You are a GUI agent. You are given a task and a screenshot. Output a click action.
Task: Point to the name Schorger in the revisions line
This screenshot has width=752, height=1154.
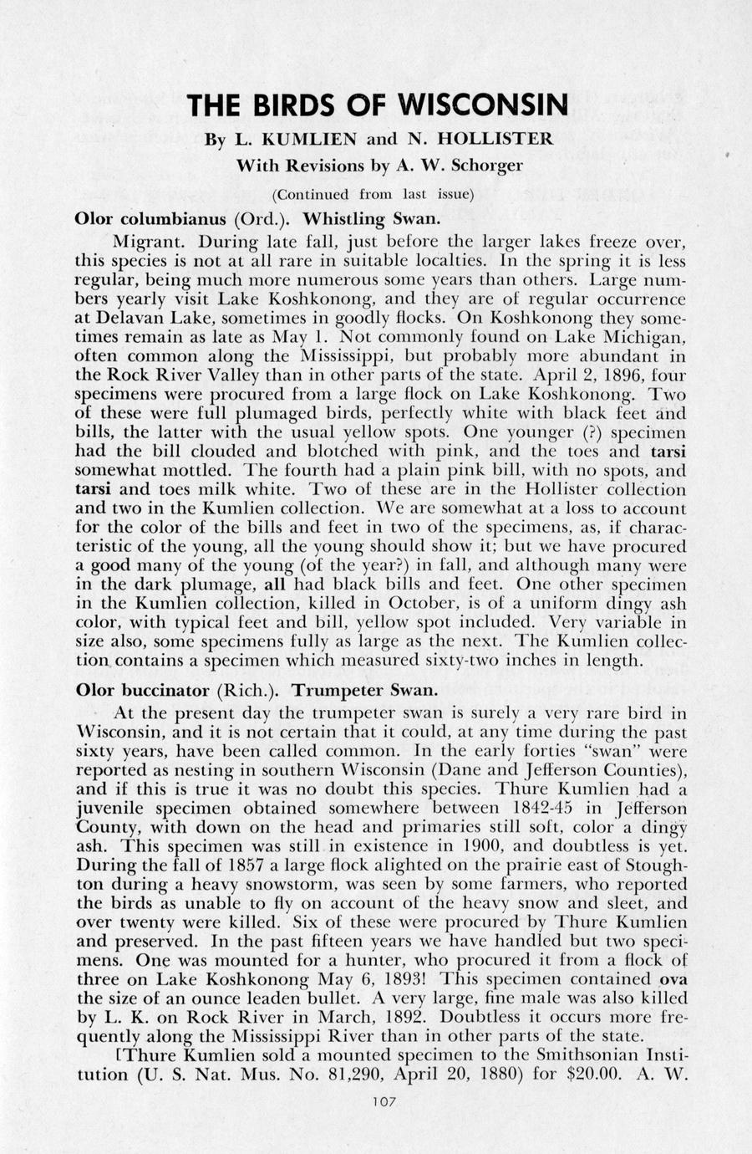[487, 166]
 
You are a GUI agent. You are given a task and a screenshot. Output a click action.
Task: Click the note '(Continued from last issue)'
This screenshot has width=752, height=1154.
[373, 194]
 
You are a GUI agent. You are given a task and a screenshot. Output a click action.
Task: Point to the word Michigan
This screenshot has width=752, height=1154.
[643, 338]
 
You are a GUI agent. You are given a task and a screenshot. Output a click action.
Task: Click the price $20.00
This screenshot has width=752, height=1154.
[593, 1074]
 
